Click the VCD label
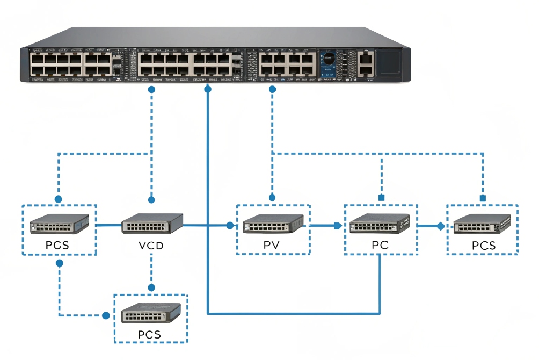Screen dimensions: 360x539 151,246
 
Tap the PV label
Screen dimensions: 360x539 273,246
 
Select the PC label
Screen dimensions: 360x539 380,246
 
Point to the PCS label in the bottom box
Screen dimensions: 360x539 149,335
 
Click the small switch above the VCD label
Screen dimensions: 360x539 152,223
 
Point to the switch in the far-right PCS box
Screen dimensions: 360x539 482,224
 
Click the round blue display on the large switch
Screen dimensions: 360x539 329,58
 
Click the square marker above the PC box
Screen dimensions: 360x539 381,198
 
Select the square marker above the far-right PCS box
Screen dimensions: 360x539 482,198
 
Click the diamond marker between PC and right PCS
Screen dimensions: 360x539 440,226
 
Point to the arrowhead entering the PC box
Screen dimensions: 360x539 338,226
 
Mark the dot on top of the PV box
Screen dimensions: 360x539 273,197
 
